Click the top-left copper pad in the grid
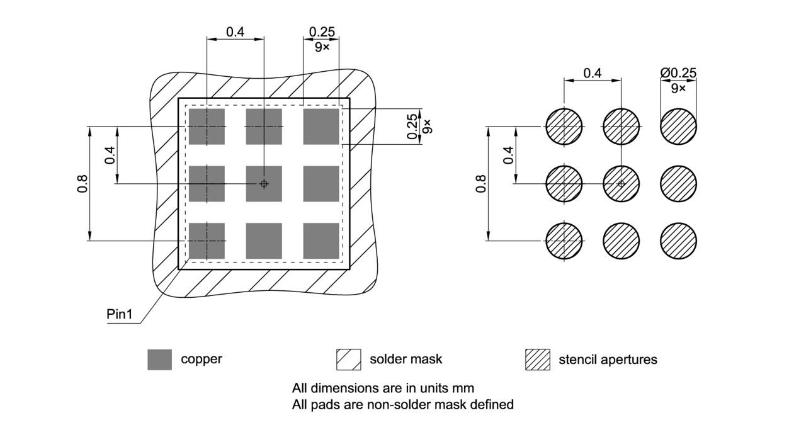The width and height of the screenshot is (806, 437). (207, 127)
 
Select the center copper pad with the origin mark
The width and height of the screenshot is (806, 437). (264, 184)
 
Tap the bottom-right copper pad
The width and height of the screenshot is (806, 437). (321, 241)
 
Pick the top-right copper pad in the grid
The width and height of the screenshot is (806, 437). (321, 127)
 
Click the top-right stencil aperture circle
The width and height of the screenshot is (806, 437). (678, 127)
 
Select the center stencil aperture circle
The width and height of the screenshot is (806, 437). (621, 184)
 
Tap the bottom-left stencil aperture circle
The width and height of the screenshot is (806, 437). (564, 241)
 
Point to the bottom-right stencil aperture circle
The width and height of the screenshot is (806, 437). (678, 241)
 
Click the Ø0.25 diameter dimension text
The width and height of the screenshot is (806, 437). (678, 73)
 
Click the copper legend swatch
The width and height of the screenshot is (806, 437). (159, 360)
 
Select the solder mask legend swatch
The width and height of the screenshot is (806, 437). (348, 360)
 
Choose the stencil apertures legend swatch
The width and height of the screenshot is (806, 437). (537, 360)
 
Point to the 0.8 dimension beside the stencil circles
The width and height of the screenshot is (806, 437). (482, 183)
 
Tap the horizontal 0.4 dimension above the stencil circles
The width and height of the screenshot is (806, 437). (592, 73)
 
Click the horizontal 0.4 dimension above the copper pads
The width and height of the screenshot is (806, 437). (235, 31)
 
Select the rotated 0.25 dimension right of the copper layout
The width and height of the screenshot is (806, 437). (412, 127)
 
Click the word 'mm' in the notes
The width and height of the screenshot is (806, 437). (465, 388)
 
